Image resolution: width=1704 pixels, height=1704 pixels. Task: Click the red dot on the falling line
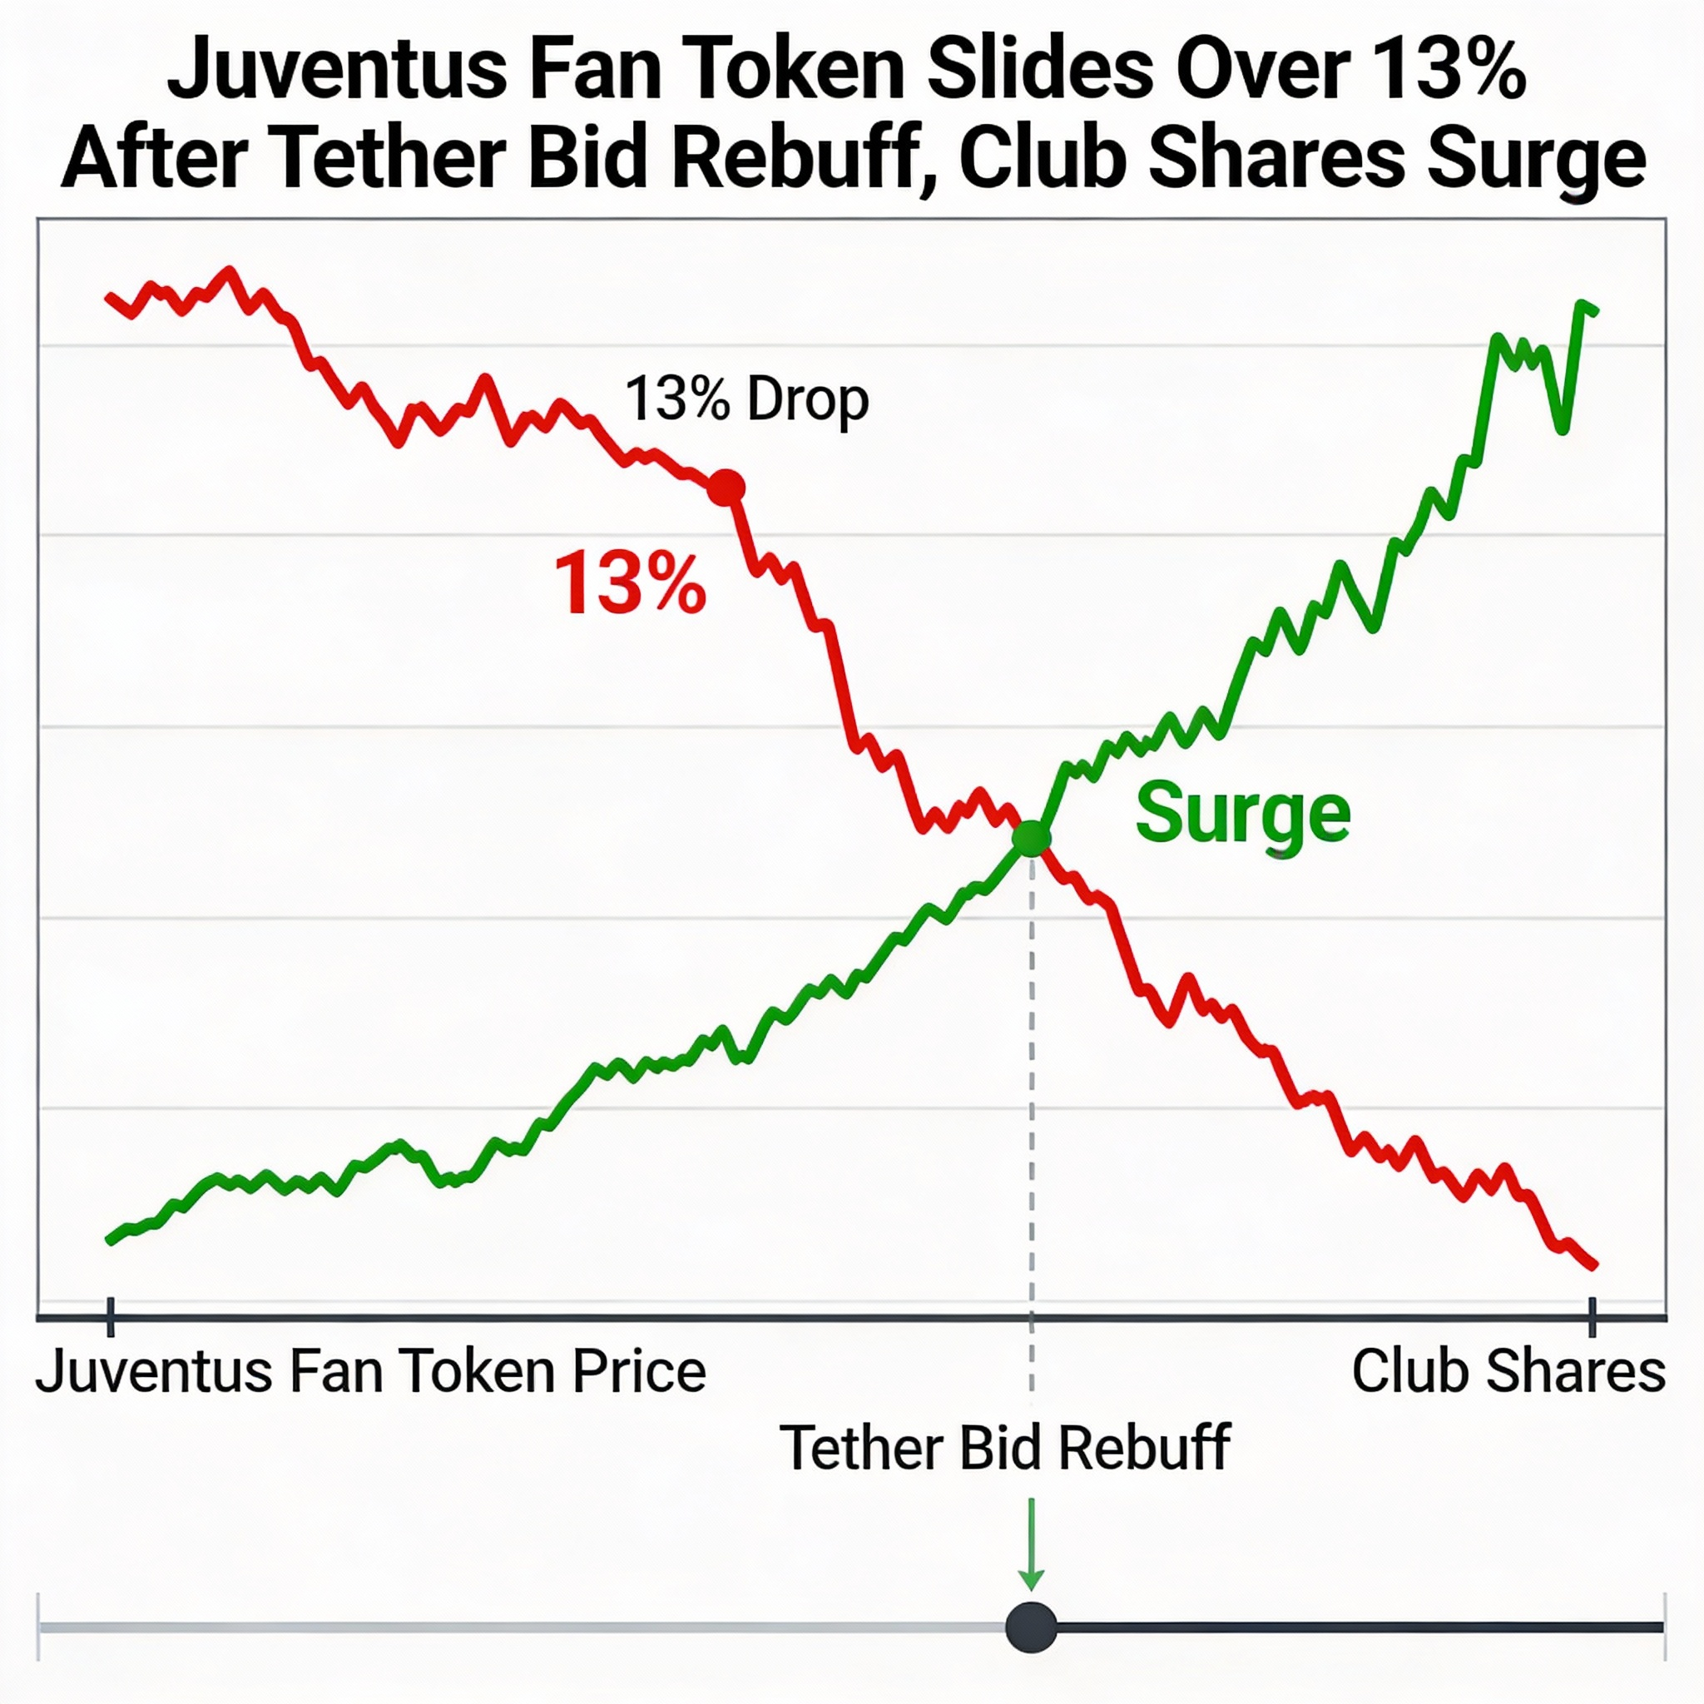726,487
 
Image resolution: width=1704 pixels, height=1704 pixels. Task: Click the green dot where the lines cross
1031,837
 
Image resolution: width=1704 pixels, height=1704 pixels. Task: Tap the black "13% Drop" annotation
746,399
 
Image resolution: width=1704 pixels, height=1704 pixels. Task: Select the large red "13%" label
630,583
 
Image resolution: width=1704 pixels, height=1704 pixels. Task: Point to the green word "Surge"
1242,814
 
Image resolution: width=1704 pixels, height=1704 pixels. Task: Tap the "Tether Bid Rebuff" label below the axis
1004,1449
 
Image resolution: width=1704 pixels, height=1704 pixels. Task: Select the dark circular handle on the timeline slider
1031,1627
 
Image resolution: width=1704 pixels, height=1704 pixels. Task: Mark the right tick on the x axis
1592,1317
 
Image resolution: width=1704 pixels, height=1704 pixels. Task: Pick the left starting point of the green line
109,1240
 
